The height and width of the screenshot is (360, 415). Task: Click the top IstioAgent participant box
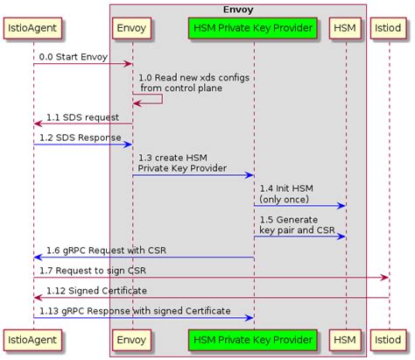coord(33,28)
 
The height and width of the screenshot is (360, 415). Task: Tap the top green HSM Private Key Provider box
coord(253,28)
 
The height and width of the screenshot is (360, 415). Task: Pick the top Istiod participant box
coord(390,28)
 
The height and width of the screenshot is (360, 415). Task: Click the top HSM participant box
coord(346,28)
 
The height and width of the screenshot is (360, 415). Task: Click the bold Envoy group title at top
coord(238,9)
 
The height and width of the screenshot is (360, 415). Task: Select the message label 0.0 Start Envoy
coord(72,56)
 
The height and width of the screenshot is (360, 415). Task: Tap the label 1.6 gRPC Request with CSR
coord(106,251)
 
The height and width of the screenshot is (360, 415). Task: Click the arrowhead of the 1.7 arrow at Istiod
coord(385,277)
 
